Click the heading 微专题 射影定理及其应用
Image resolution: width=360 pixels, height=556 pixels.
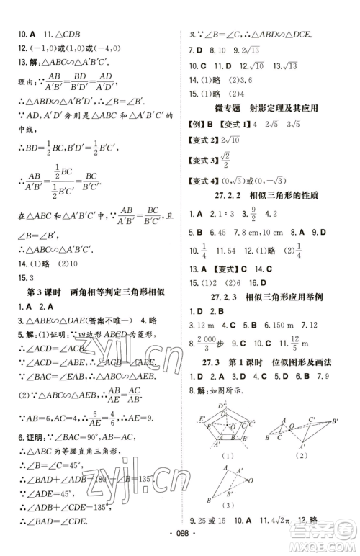coord(266,108)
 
